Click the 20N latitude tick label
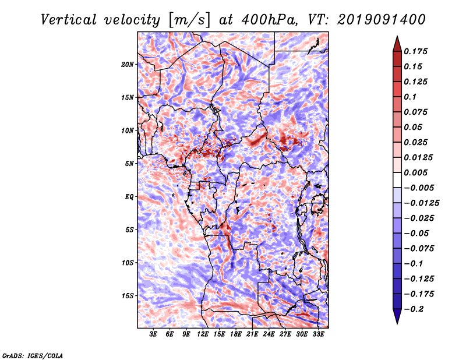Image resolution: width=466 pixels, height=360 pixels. (x=128, y=65)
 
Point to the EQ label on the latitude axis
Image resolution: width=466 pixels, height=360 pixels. (x=129, y=197)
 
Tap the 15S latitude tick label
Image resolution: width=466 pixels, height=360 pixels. (x=128, y=296)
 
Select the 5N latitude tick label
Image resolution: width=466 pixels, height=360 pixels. (x=129, y=164)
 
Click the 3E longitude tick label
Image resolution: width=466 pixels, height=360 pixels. (x=153, y=334)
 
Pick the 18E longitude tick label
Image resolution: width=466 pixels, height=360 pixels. (x=236, y=334)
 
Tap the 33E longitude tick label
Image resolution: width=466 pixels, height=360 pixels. (x=318, y=334)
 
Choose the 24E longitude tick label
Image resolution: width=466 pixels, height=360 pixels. (x=269, y=334)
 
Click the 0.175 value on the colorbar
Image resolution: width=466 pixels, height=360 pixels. (x=415, y=51)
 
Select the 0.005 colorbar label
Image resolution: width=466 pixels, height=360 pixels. (x=415, y=172)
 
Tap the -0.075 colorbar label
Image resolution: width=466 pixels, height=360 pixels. (x=419, y=249)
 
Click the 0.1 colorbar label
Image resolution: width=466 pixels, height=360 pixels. (x=410, y=97)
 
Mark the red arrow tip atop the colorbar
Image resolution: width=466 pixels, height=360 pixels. (x=397, y=36)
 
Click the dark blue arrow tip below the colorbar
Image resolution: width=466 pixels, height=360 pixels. (x=397, y=323)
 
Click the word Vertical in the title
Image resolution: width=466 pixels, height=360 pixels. (x=69, y=20)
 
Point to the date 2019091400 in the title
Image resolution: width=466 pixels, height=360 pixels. (x=382, y=20)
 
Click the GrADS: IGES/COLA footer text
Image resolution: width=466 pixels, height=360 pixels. (x=33, y=355)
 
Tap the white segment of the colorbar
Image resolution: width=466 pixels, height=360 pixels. (x=397, y=180)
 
